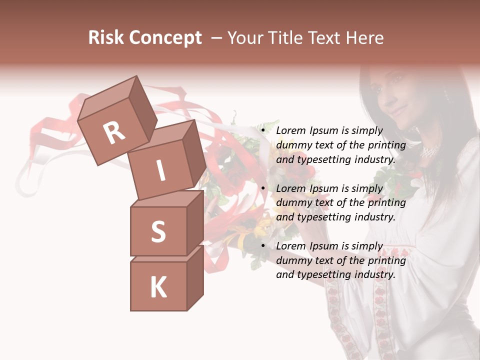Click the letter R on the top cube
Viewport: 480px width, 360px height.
click(x=114, y=132)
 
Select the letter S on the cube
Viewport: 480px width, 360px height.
click(x=158, y=231)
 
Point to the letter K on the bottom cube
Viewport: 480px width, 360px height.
click(x=158, y=287)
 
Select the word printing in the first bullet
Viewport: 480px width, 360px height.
click(x=387, y=145)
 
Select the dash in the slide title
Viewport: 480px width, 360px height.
click(x=216, y=38)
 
